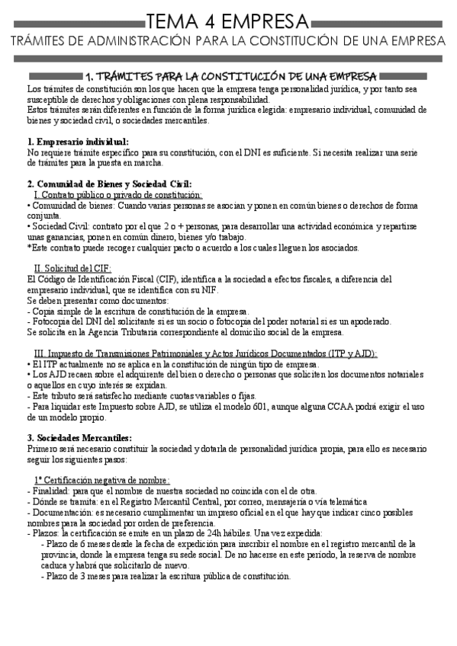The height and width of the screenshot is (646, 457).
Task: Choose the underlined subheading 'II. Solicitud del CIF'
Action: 73,268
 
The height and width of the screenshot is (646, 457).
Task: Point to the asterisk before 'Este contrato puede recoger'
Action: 28,247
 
